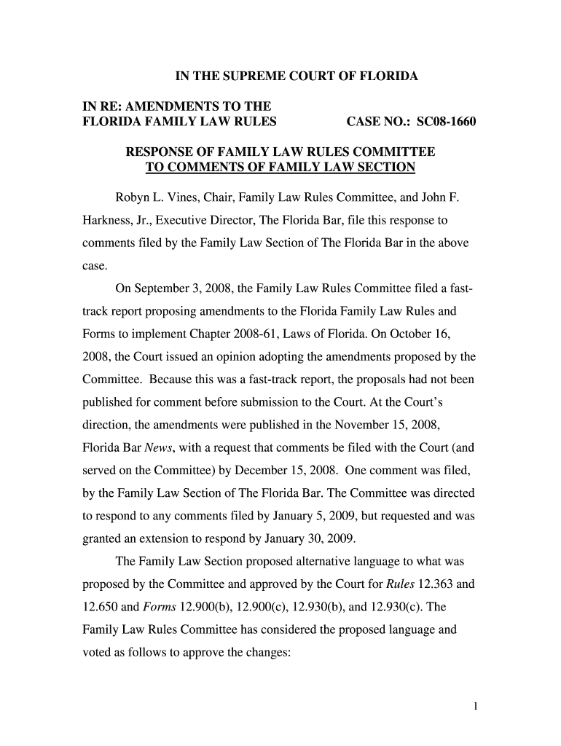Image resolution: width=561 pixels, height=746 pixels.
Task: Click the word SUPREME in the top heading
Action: [x=248, y=76]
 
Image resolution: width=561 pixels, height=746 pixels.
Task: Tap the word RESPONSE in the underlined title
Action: [x=162, y=152]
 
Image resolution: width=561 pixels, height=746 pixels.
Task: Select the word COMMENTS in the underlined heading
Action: [x=202, y=168]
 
